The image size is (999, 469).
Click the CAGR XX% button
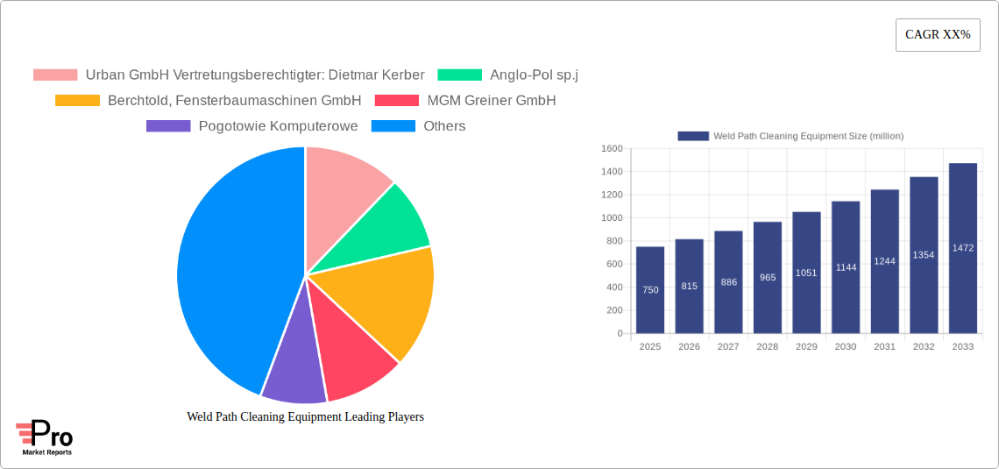tap(937, 35)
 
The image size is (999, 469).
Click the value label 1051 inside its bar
tap(806, 273)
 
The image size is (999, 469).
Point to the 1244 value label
tap(884, 261)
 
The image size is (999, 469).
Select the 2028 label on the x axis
tap(767, 347)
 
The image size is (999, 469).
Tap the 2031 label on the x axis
tap(884, 347)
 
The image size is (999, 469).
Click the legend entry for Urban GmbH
tap(229, 75)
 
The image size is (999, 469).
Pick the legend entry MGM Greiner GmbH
tap(465, 100)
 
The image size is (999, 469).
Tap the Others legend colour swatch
tap(393, 126)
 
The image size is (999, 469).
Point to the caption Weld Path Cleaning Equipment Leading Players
tap(305, 416)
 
